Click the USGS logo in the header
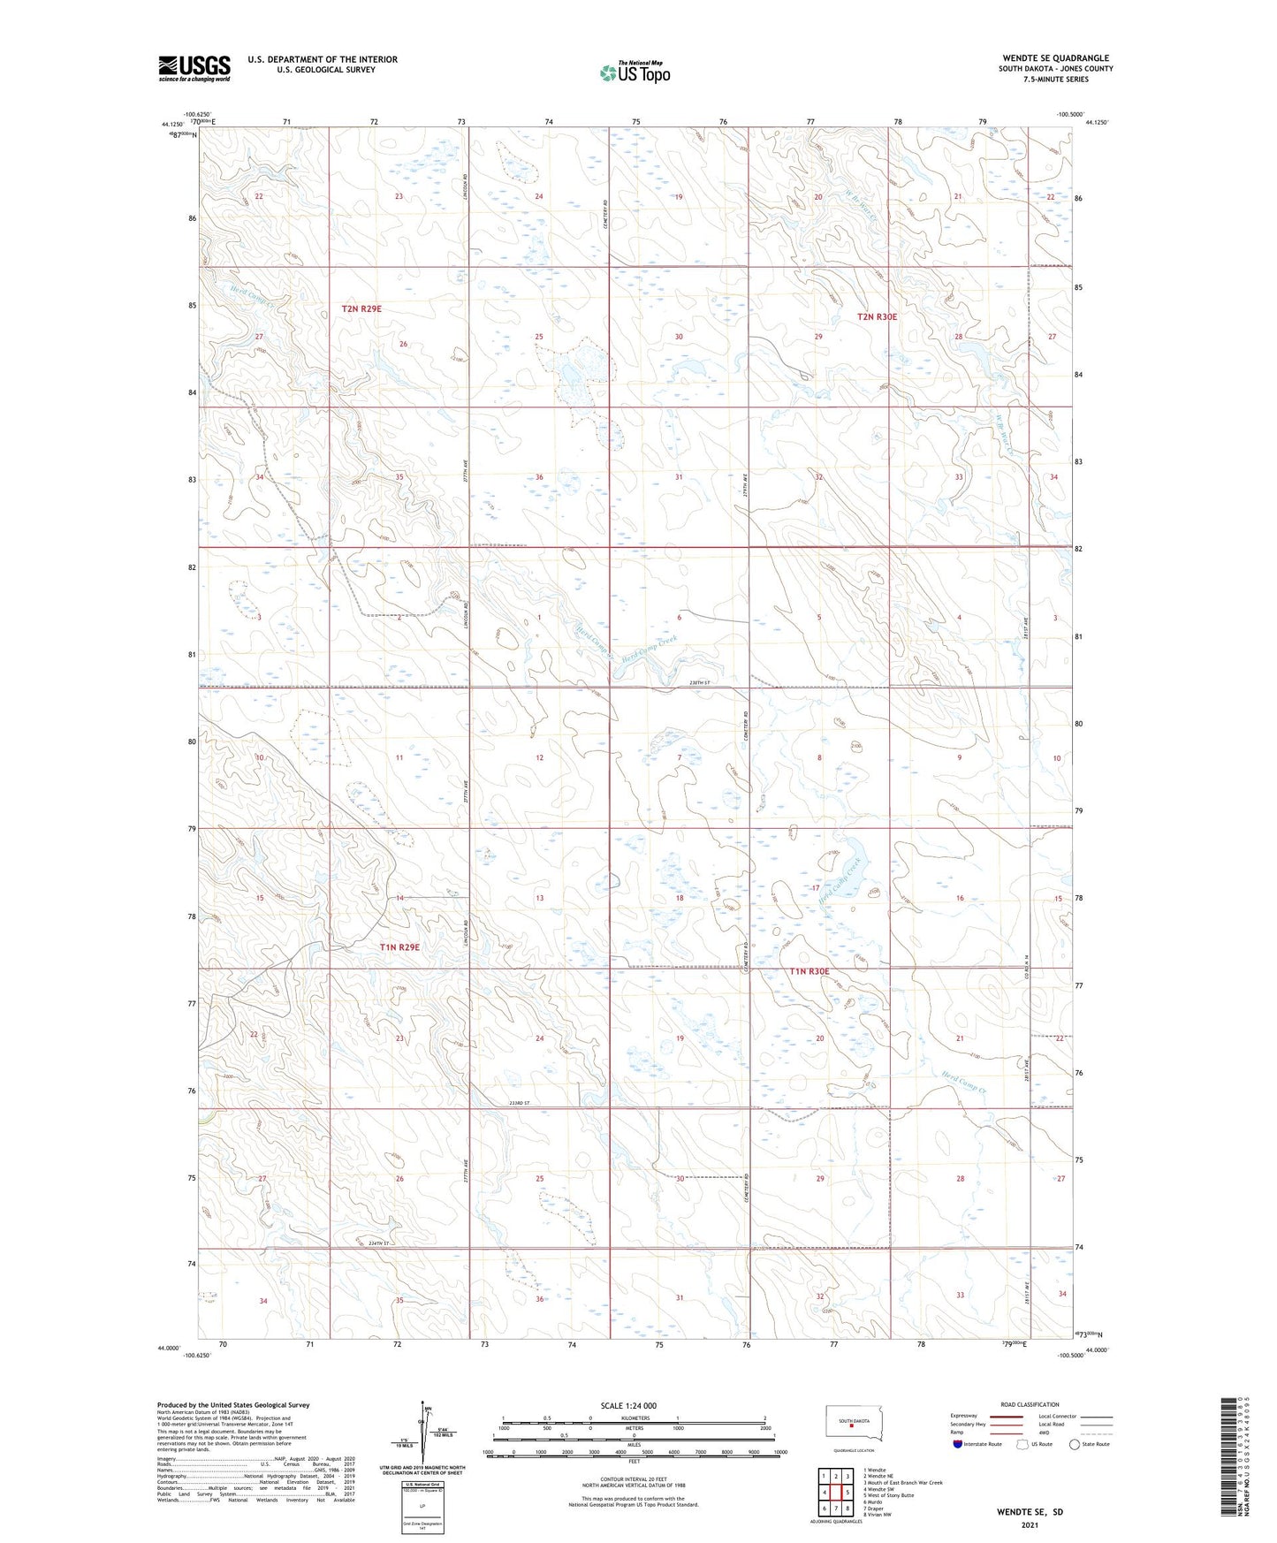194,68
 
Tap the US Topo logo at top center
635,72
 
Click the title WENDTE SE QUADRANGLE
1055,58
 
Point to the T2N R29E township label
361,308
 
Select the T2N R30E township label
877,316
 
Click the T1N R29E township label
399,946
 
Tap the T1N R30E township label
810,971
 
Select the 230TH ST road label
697,683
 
